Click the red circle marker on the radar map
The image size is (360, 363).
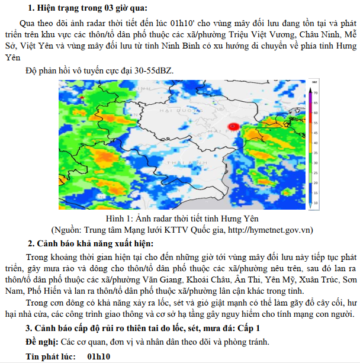[x=233, y=126]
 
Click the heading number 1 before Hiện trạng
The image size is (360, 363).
[x=31, y=8]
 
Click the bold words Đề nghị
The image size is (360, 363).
[x=42, y=342]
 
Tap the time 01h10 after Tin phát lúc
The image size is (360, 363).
[x=98, y=356]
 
